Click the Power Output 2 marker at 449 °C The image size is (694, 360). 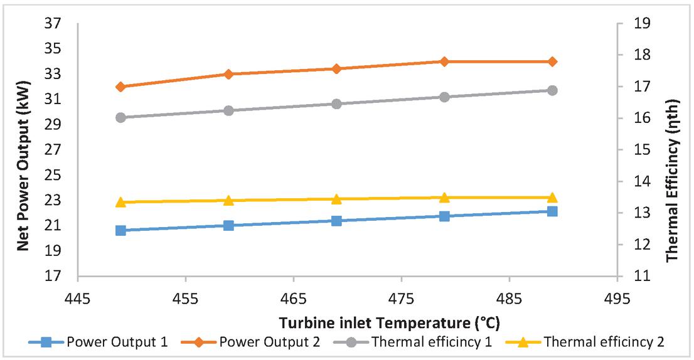121,87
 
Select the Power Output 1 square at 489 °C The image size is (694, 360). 552,211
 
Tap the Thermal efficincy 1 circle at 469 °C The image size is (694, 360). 336,103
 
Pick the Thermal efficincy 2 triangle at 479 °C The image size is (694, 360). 444,198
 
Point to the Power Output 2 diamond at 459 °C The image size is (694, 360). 228,74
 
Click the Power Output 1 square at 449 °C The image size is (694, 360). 121,230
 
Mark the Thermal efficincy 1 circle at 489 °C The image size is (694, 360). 552,90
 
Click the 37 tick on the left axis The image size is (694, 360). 53,24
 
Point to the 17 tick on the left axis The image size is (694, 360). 53,276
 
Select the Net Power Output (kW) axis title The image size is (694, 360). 23,149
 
